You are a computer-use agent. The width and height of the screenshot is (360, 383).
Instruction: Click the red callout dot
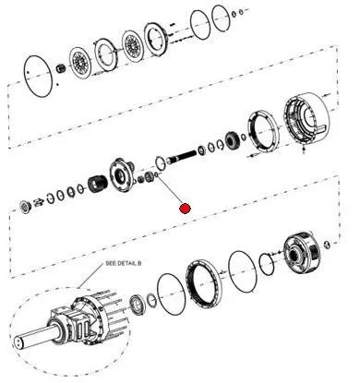(x=185, y=209)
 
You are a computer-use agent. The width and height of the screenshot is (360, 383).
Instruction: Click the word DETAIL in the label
(x=126, y=264)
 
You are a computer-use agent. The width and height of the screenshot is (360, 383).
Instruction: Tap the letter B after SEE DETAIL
(x=139, y=264)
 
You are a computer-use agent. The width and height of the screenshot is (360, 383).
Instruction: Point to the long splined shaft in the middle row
(x=182, y=156)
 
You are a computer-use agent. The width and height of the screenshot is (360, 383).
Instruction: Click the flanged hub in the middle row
(x=122, y=176)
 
